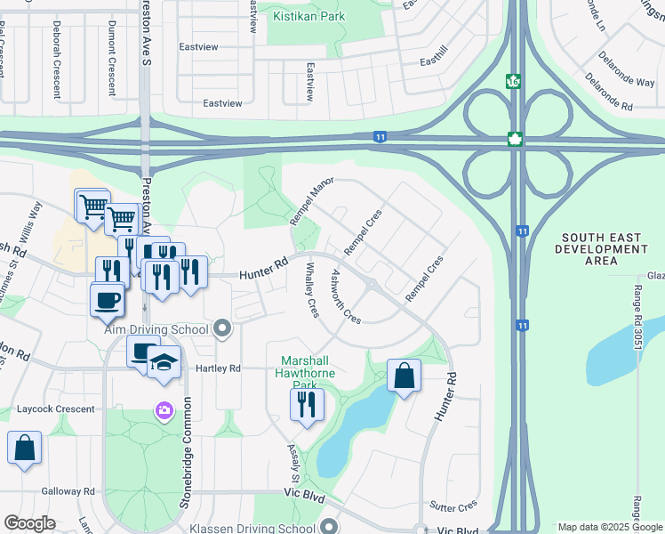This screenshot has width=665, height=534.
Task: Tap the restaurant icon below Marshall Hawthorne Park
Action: coord(306,404)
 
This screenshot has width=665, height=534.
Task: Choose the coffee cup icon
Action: coord(108,299)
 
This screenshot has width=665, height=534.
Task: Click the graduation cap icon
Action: coord(164,362)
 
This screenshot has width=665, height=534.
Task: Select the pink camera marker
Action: coord(164,410)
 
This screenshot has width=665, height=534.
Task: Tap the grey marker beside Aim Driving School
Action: coord(222,330)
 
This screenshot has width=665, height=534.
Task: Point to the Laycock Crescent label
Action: coord(55,409)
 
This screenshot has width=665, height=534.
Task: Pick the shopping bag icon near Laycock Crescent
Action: coord(24,448)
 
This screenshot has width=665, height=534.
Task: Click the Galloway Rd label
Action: coord(68,491)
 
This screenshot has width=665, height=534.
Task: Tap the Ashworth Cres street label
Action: coord(346,297)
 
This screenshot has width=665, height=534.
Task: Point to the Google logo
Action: coord(29,523)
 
